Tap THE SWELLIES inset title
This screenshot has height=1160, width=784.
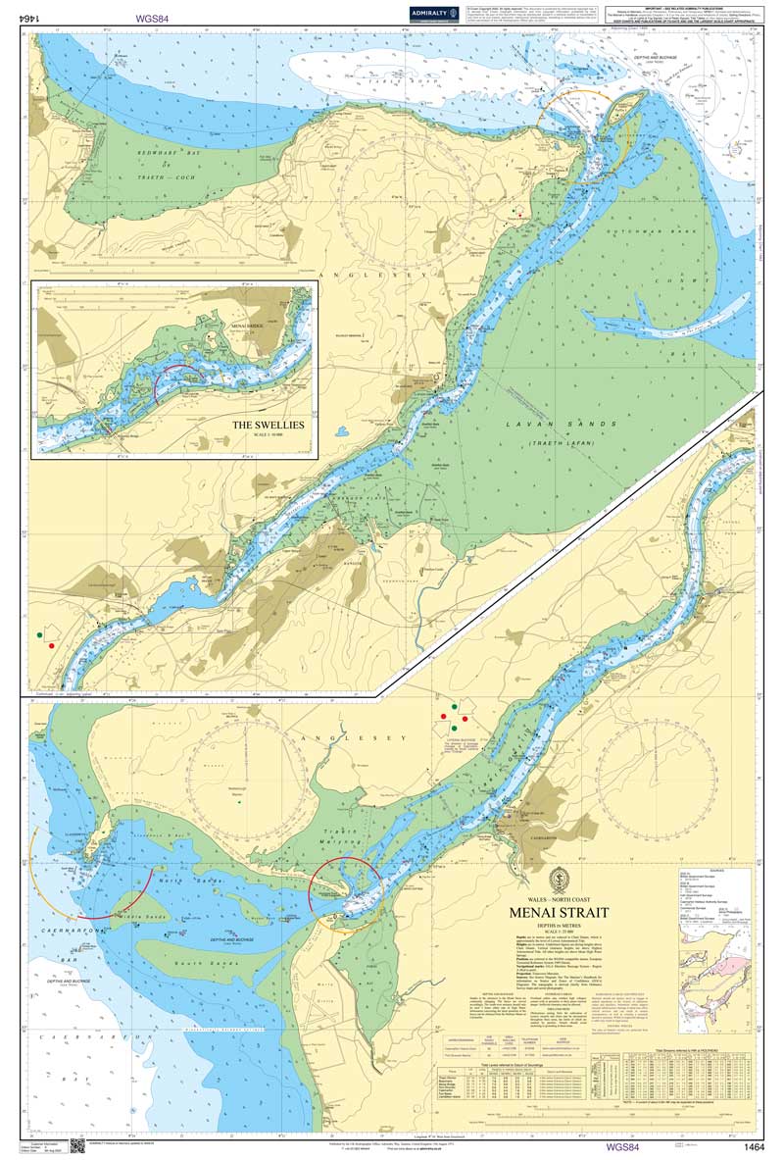(269, 426)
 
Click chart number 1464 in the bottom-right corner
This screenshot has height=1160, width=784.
(754, 1146)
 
